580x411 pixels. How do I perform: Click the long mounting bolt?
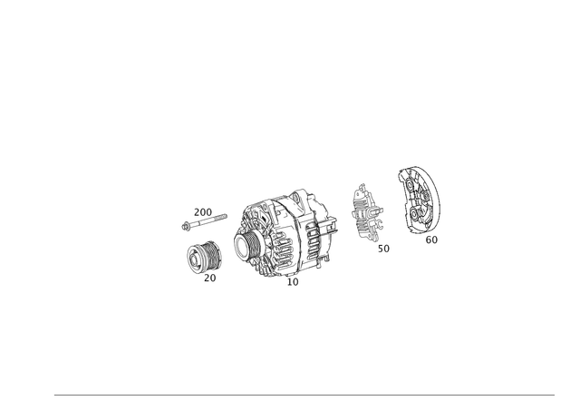click(204, 219)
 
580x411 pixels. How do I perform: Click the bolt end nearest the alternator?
click(227, 215)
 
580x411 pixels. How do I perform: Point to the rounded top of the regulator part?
click(362, 188)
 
